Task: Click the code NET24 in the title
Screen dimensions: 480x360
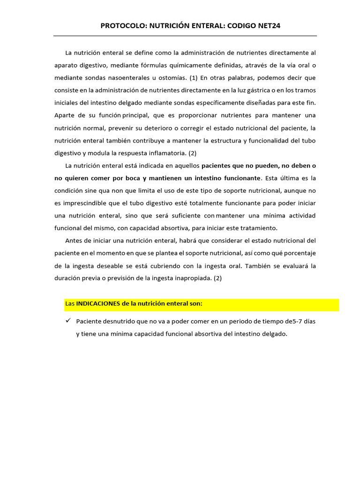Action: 269,25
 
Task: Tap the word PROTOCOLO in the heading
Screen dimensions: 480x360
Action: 123,25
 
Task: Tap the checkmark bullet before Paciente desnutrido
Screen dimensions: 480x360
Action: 68,321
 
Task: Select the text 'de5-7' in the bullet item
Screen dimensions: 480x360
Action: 293,322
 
